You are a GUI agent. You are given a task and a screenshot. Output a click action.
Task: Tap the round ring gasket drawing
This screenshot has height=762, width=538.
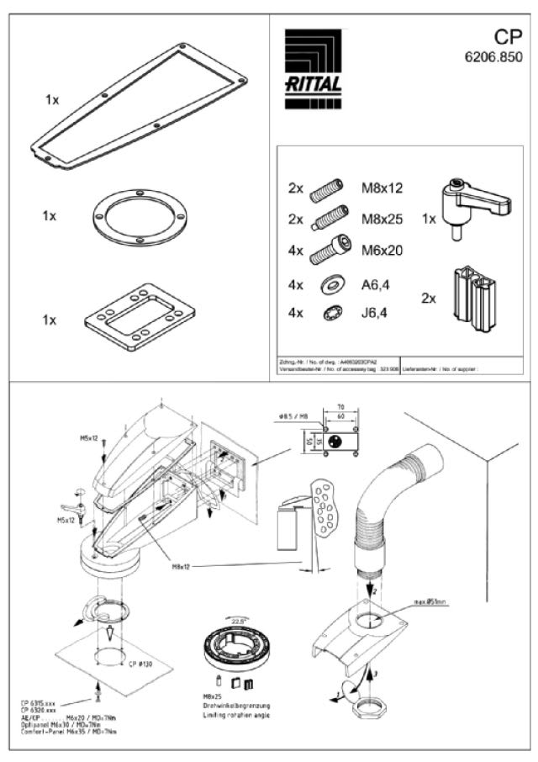pos(134,220)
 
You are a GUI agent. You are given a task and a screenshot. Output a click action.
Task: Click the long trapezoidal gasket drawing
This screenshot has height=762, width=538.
pos(140,104)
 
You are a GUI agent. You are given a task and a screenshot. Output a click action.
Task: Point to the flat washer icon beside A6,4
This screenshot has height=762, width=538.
pos(327,285)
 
